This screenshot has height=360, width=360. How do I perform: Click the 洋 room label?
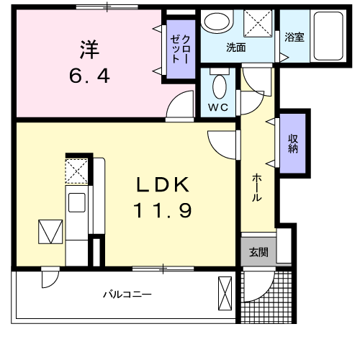click(89, 51)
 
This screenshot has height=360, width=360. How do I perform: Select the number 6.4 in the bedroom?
click(89, 75)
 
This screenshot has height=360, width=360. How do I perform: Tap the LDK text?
click(163, 185)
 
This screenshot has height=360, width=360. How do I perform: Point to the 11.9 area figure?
click(163, 211)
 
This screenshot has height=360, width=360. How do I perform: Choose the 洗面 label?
click(236, 48)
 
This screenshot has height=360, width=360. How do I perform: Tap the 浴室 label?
click(294, 37)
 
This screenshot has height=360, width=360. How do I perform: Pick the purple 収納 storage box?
click(294, 143)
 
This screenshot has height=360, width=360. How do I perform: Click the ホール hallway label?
click(256, 187)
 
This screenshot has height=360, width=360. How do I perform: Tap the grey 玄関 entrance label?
click(258, 252)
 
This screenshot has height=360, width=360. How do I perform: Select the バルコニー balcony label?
click(126, 294)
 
